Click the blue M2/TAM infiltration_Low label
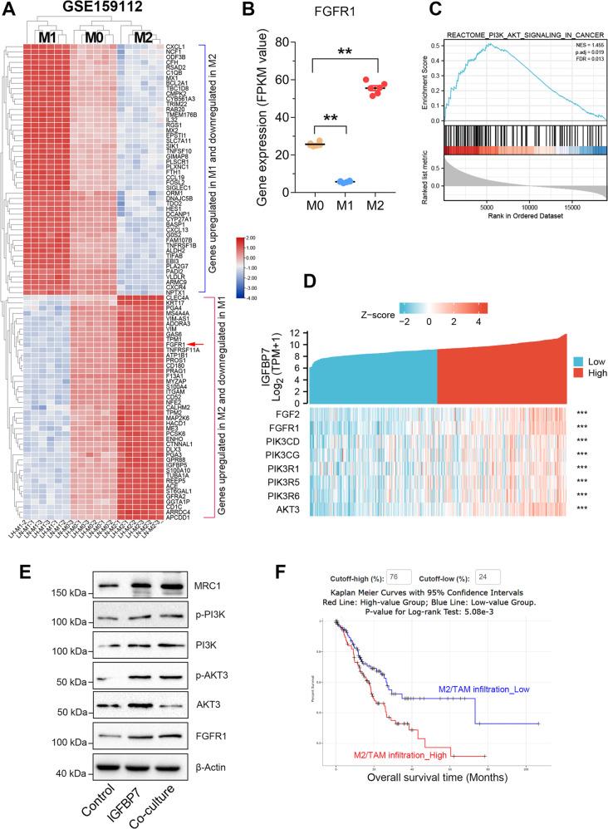(490, 689)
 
